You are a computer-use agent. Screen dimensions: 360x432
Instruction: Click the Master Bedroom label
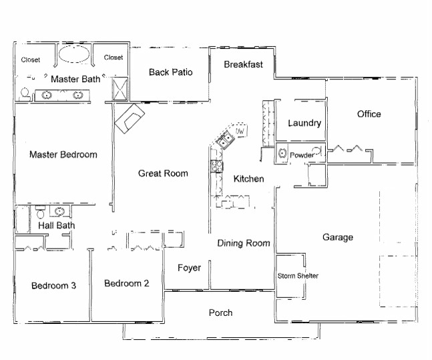63,154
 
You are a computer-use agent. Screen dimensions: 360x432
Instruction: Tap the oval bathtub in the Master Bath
73,55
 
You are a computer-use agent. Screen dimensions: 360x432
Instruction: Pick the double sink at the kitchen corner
224,140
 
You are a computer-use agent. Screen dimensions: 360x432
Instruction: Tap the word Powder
302,155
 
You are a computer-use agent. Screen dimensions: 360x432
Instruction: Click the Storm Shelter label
298,276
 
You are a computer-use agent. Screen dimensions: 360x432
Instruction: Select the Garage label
337,237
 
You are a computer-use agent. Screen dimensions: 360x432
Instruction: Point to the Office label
369,114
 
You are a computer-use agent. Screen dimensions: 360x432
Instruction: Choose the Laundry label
304,123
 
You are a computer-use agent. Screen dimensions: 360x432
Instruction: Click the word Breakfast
243,65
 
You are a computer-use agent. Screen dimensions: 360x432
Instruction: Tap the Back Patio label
170,72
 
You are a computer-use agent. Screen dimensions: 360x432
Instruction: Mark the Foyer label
189,268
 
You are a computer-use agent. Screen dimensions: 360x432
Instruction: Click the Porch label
220,313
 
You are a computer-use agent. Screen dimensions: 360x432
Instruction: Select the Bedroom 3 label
53,286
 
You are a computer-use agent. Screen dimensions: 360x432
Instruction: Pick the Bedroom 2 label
126,283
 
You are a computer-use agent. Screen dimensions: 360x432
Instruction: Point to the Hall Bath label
56,226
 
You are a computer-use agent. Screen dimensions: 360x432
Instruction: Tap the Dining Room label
244,243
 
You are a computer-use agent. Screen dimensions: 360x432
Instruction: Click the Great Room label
163,174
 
